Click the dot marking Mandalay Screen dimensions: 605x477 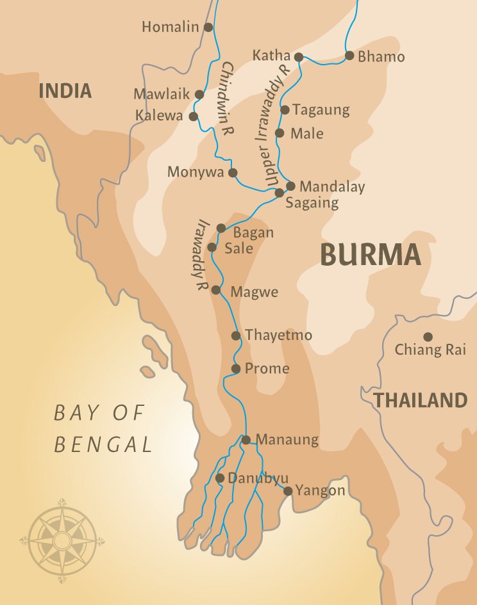coord(290,186)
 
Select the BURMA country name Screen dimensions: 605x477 coord(371,255)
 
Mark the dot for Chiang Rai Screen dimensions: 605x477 coord(428,337)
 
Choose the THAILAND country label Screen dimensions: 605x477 coord(421,401)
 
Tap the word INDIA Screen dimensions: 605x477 coord(65,91)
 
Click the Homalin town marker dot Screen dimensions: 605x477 coord(208,27)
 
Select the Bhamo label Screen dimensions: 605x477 coord(381,57)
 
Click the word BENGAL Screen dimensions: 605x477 coord(104,444)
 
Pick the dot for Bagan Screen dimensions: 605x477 coord(221,228)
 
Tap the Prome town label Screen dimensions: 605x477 coord(268,369)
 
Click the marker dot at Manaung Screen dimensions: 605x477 coord(246,439)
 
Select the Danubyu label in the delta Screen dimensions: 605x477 coord(258,478)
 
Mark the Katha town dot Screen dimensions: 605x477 coord(299,57)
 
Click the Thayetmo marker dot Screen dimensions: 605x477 coord(236,335)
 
